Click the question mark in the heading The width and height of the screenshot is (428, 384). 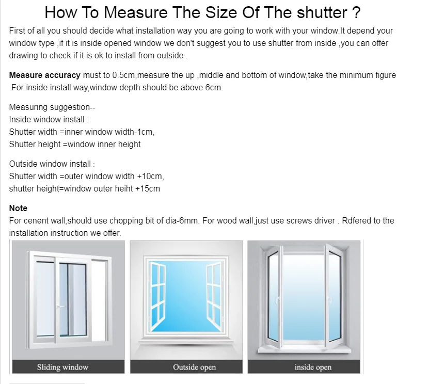[356, 12]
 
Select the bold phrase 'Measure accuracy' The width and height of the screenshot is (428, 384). [45, 75]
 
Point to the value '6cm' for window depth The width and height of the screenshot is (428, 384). [213, 87]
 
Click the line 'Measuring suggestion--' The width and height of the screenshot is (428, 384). [52, 107]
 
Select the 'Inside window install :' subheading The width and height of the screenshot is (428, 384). [49, 120]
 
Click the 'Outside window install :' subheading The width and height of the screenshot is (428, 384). [52, 164]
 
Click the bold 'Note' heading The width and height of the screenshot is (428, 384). [18, 209]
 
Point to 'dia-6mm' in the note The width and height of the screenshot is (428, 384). [184, 221]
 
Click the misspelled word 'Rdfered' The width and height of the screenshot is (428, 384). [359, 221]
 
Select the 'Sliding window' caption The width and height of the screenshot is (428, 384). [62, 367]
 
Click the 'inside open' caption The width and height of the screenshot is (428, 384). [313, 367]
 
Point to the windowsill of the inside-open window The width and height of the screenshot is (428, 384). [307, 349]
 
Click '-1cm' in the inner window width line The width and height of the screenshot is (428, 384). [144, 132]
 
